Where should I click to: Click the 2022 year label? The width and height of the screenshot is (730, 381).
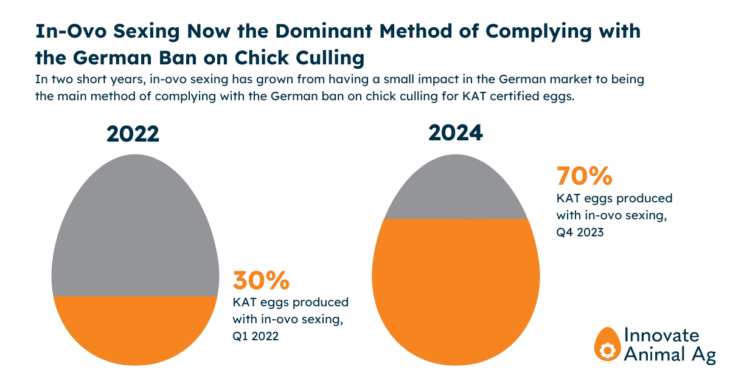pyautogui.click(x=133, y=133)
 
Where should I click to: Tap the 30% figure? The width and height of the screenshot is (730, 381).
pyautogui.click(x=261, y=281)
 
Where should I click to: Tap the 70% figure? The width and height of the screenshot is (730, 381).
pyautogui.click(x=584, y=177)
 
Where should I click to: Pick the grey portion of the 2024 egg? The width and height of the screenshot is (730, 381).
pyautogui.click(x=456, y=191)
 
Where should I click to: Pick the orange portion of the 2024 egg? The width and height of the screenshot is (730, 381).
pyautogui.click(x=456, y=292)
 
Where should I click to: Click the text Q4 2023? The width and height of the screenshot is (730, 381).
pyautogui.click(x=580, y=232)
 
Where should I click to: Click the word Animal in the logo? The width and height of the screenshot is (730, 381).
pyautogui.click(x=652, y=354)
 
